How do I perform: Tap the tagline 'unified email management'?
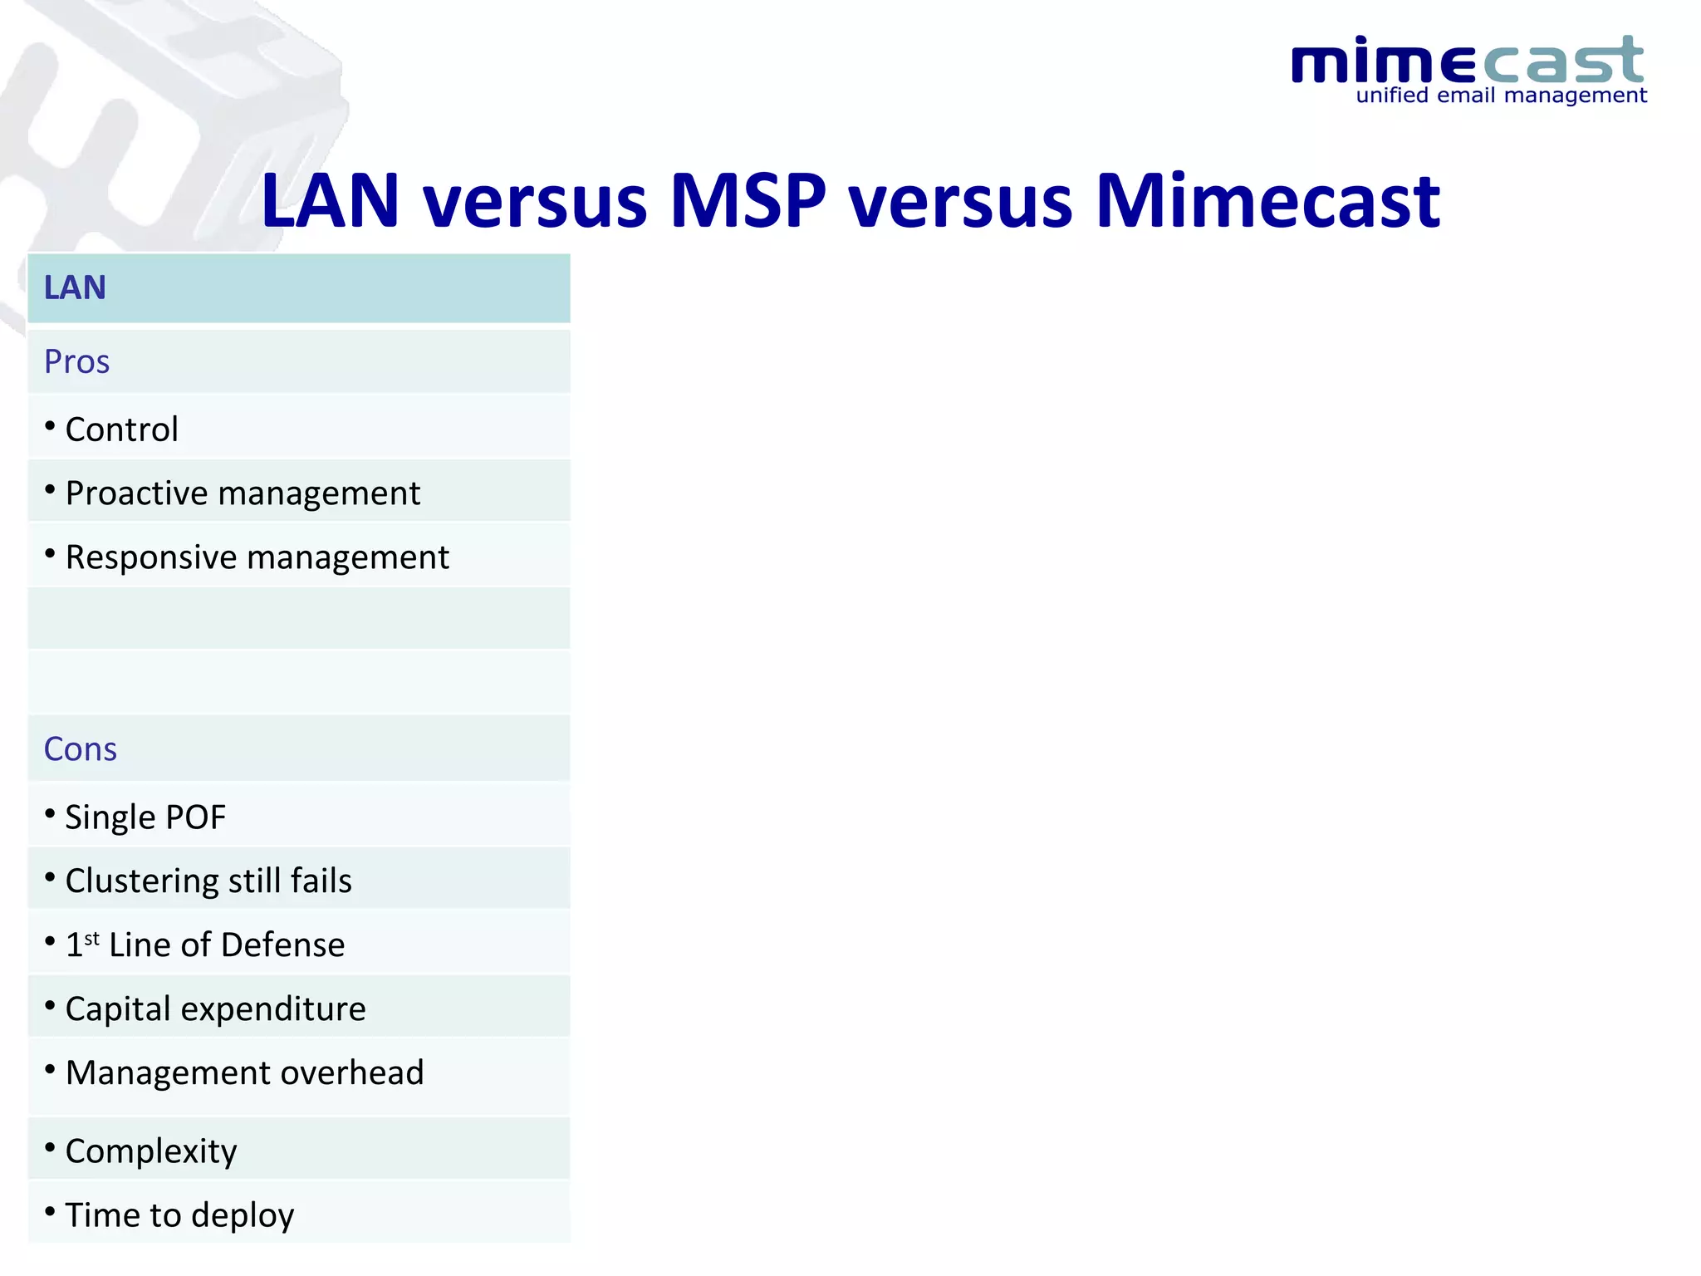1501,96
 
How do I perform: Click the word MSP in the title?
748,201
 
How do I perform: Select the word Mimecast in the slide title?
1267,201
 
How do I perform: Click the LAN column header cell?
298,288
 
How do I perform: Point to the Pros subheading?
76,362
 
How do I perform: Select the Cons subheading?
80,749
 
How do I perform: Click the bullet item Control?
121,429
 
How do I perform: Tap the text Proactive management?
243,493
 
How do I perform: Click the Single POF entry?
145,817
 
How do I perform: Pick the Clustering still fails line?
208,881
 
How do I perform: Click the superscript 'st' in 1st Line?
91,939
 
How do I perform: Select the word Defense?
282,945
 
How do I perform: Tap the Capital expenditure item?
215,1009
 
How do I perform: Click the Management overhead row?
244,1073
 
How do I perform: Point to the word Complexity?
151,1151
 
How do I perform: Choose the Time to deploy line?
179,1215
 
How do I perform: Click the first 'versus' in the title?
536,201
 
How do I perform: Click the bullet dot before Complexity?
50,1148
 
